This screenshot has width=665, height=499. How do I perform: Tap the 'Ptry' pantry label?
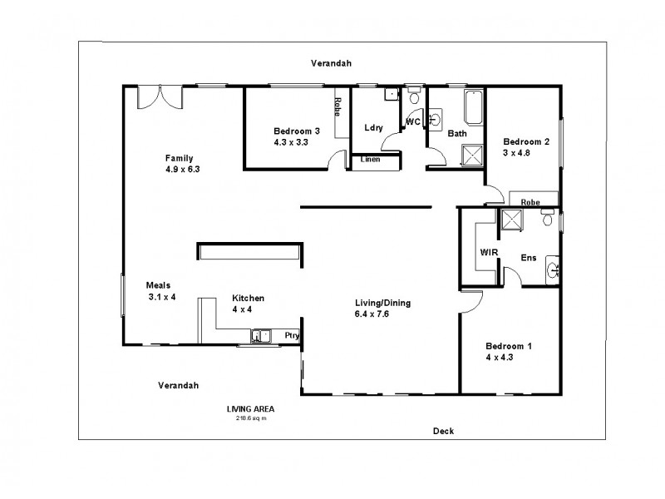291,336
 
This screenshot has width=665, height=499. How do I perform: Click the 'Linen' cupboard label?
371,160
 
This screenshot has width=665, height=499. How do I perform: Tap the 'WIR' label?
488,252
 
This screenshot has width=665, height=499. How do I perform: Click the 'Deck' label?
443,430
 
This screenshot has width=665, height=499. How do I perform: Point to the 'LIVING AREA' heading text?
250,409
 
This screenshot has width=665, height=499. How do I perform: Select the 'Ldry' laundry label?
373,128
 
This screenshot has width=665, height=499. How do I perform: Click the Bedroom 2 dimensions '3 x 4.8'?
515,153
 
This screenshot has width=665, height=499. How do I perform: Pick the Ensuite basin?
553,269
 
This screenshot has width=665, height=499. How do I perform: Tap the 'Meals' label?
159,284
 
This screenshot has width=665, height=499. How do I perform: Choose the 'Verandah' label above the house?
331,63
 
